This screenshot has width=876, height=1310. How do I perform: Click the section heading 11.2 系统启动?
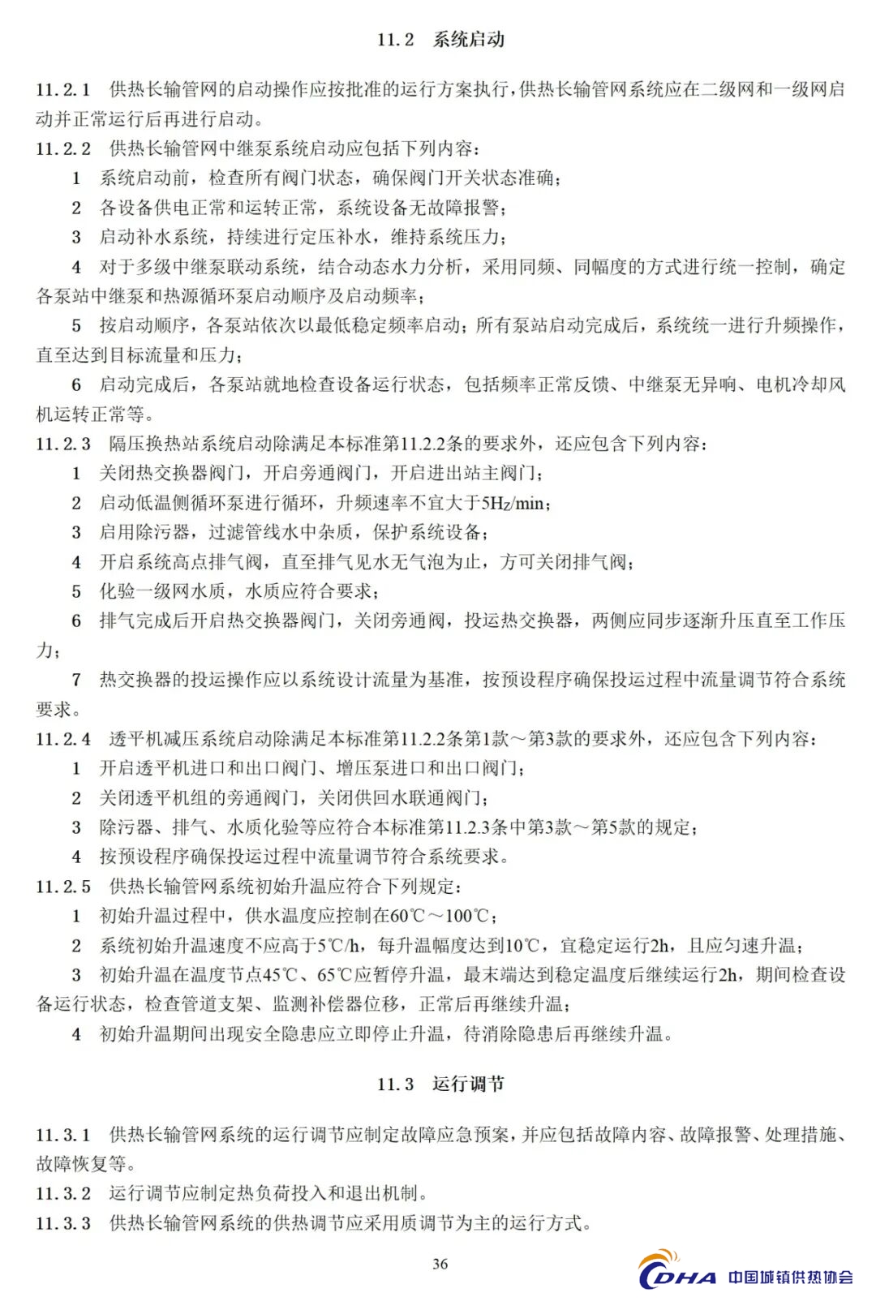coord(440,40)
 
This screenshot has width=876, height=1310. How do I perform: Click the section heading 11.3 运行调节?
coord(440,1084)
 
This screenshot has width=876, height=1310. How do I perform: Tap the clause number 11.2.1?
coord(63,89)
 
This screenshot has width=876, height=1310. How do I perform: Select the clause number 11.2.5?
coord(63,887)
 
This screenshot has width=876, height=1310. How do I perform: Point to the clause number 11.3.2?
coord(63,1193)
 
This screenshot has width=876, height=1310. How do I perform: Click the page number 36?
coord(440,1264)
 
